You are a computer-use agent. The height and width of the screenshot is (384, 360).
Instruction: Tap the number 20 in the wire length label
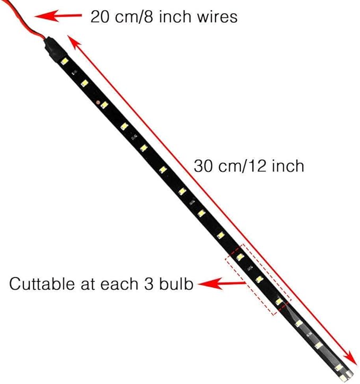[x=100, y=17]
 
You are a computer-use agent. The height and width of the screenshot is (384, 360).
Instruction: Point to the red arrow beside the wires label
[x=58, y=16]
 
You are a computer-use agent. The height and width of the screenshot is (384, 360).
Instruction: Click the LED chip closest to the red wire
[x=65, y=61]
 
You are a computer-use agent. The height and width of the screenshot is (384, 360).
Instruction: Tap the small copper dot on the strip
[x=98, y=102]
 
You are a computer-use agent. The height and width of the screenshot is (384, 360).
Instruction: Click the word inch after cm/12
[x=288, y=166]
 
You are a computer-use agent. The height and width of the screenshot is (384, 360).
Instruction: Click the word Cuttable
[x=42, y=284]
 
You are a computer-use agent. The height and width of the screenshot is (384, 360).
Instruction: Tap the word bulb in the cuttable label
[x=176, y=284]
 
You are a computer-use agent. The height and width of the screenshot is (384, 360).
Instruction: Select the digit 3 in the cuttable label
[x=148, y=284]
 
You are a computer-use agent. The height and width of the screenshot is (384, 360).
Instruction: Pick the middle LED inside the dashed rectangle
[x=259, y=279]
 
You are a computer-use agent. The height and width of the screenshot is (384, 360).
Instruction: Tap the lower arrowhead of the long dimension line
[x=352, y=358]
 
